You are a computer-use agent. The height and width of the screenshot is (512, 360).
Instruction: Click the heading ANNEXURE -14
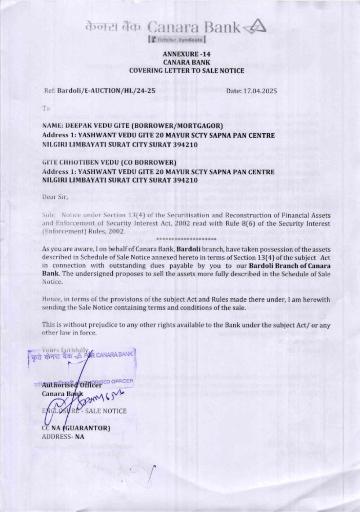tap(186, 54)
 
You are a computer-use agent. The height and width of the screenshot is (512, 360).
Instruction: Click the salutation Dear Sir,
tap(55, 197)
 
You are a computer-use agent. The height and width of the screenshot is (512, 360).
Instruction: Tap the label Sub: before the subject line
tap(48, 215)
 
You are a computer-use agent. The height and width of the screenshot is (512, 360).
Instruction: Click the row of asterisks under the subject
tap(186, 239)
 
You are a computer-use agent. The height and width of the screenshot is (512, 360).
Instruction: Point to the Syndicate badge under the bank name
tap(176, 40)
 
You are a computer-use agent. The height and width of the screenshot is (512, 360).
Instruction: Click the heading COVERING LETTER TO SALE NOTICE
tap(186, 71)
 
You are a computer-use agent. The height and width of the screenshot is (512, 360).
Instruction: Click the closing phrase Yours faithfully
tap(65, 350)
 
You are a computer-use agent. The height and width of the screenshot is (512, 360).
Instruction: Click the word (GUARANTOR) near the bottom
tap(86, 428)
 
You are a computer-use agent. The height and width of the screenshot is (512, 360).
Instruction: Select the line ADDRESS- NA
tap(63, 437)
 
